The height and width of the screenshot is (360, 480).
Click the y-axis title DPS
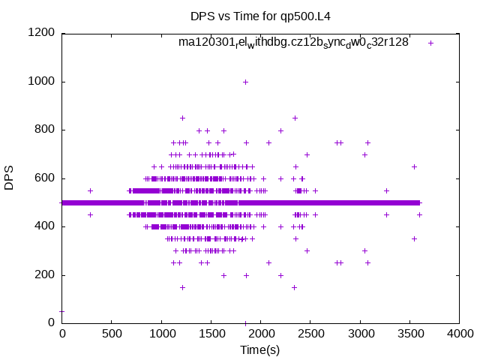click(x=10, y=178)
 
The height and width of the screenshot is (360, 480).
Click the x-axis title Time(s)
click(x=260, y=350)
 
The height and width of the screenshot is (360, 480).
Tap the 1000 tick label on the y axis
click(x=42, y=82)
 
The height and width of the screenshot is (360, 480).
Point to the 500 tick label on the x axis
click(x=112, y=334)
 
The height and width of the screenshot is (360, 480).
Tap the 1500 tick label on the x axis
click(x=211, y=334)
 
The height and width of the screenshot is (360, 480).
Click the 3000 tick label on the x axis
click(x=360, y=334)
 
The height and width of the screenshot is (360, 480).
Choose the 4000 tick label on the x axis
click(x=459, y=334)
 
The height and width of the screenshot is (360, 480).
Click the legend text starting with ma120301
click(x=293, y=43)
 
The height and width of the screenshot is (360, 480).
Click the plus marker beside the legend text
click(x=430, y=43)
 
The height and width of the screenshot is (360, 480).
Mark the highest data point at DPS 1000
click(x=245, y=82)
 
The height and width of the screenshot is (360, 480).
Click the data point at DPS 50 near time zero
click(x=62, y=311)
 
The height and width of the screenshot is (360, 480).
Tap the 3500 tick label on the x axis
click(x=409, y=334)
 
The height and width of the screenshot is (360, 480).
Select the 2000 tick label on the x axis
click(x=261, y=334)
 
